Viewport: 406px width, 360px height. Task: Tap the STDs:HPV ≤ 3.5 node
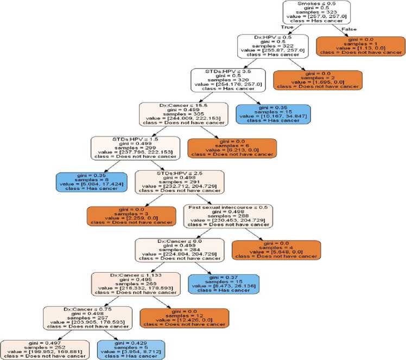(228, 80)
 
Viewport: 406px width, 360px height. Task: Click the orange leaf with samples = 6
(232, 147)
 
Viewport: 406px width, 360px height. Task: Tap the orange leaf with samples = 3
(131, 215)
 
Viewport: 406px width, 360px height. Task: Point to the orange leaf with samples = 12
(185, 318)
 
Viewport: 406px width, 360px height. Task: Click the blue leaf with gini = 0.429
(132, 350)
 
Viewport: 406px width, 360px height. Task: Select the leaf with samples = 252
(43, 350)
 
